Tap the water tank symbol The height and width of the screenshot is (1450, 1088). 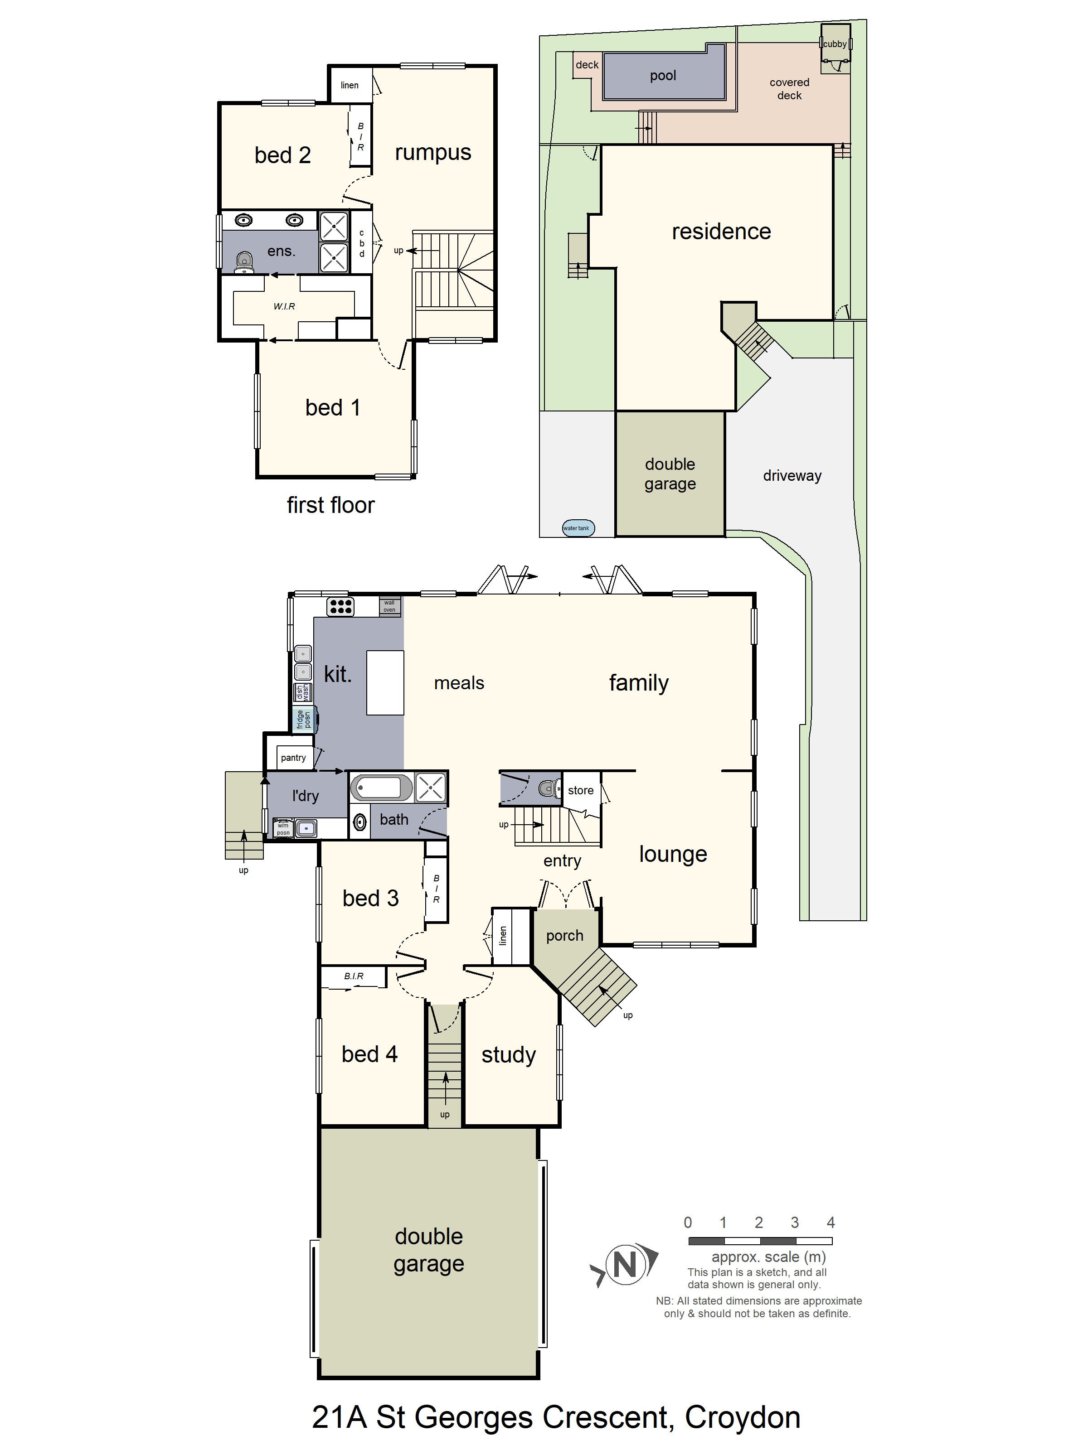pos(578,528)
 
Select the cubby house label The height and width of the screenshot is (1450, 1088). pos(835,44)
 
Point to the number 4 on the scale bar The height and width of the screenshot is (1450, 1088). pos(830,1222)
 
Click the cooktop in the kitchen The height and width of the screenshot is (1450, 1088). pos(340,606)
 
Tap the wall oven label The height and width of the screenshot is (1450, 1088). pos(389,606)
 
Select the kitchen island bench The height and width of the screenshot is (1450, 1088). pos(385,682)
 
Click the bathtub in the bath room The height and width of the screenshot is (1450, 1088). pos(380,787)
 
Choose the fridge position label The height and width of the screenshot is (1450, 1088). pos(304,719)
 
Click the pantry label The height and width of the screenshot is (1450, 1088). pos(293,758)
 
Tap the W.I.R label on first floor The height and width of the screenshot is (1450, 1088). pos(284,306)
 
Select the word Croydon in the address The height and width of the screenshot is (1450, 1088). pos(743,1418)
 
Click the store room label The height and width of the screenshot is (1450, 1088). pos(580,791)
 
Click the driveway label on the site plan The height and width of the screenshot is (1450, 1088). pos(792,476)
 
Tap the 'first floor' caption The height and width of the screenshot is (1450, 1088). pos(330,505)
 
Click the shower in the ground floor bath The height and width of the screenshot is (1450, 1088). pos(430,787)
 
